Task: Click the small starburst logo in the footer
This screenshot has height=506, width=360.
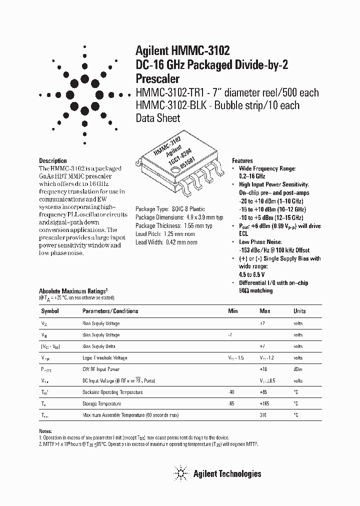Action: tap(180, 472)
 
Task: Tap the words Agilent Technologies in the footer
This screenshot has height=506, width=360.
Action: tap(227, 473)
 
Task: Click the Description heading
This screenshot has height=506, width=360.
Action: tap(53, 160)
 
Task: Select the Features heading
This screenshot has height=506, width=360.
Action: tap(242, 161)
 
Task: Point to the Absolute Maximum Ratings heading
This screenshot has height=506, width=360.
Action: tap(72, 291)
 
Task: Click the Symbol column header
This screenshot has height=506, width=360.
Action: tap(49, 311)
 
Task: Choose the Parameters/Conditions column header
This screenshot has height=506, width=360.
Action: tap(110, 311)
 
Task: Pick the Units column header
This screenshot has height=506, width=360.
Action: tap(299, 311)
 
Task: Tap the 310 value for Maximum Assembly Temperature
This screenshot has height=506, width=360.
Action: tap(263, 415)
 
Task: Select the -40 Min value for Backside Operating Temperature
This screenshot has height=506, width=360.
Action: tap(231, 392)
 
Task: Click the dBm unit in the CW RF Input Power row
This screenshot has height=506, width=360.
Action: tap(298, 369)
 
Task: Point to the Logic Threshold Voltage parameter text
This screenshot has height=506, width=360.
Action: tap(104, 358)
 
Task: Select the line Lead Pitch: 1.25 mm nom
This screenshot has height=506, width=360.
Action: tap(166, 234)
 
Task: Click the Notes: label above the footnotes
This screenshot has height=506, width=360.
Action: tap(45, 431)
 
